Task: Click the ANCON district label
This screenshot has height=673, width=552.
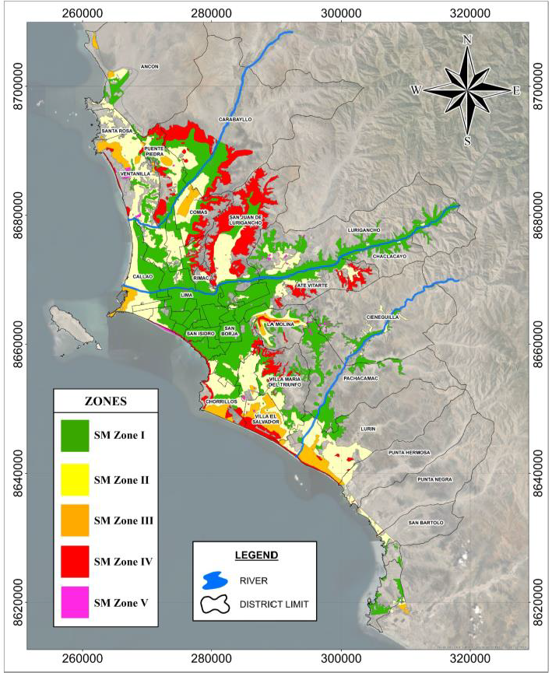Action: pos(149,67)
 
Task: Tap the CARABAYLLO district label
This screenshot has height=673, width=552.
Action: pos(236,119)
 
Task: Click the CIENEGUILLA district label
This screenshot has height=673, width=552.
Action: pos(383,317)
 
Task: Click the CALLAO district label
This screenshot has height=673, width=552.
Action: pos(142,276)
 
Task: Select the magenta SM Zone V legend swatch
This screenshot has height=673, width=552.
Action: pos(75,602)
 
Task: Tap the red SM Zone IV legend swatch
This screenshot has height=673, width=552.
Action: pos(75,561)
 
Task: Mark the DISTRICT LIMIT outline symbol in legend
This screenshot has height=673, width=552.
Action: pos(217,605)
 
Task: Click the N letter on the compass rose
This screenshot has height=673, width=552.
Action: pos(467,40)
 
